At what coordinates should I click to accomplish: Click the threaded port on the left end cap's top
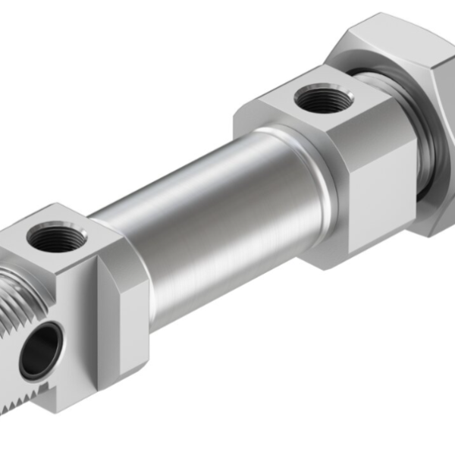[x=57, y=237]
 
